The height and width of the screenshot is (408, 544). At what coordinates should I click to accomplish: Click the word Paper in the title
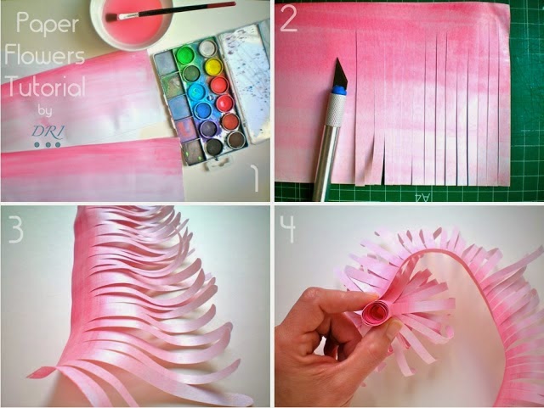click(x=48, y=23)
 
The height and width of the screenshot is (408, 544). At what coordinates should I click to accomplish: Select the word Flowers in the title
click(x=45, y=55)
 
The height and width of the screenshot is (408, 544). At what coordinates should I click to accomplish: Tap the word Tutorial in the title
click(x=45, y=86)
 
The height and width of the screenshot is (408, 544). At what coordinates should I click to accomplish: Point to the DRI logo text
click(x=48, y=131)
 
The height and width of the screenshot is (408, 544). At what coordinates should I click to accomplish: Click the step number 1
click(x=255, y=178)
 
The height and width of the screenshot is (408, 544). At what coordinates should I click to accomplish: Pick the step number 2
click(x=288, y=19)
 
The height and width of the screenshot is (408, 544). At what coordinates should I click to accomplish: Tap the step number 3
click(x=16, y=229)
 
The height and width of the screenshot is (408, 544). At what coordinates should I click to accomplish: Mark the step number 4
click(x=287, y=228)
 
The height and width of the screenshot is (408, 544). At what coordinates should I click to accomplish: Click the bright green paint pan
click(x=185, y=55)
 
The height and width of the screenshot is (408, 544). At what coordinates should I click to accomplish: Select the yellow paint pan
click(x=213, y=67)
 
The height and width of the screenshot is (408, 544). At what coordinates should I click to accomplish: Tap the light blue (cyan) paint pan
click(x=196, y=92)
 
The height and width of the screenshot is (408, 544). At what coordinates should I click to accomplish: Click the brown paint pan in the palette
click(x=236, y=140)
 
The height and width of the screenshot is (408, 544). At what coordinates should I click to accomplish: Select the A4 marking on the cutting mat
click(x=422, y=197)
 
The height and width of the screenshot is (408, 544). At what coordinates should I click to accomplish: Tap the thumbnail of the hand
click(x=394, y=329)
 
